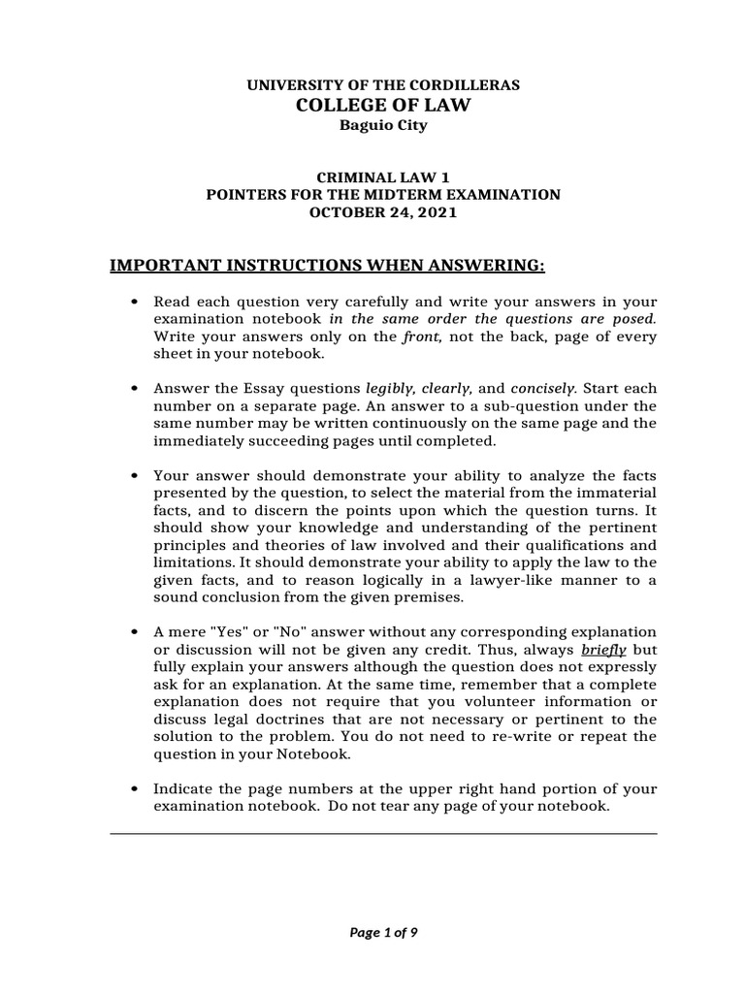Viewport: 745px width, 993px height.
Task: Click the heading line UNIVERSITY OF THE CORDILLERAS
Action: (383, 85)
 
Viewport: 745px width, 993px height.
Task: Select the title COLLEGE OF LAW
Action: (383, 105)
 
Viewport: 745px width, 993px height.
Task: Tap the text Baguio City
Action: (383, 125)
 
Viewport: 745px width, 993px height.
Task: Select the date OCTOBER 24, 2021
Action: (383, 212)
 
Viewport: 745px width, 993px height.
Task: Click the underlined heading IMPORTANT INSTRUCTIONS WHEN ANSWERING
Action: (328, 266)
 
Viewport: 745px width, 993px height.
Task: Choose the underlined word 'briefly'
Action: (602, 650)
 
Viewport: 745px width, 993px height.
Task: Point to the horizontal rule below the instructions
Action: (383, 833)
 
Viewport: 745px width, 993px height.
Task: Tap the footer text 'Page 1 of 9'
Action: (383, 933)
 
